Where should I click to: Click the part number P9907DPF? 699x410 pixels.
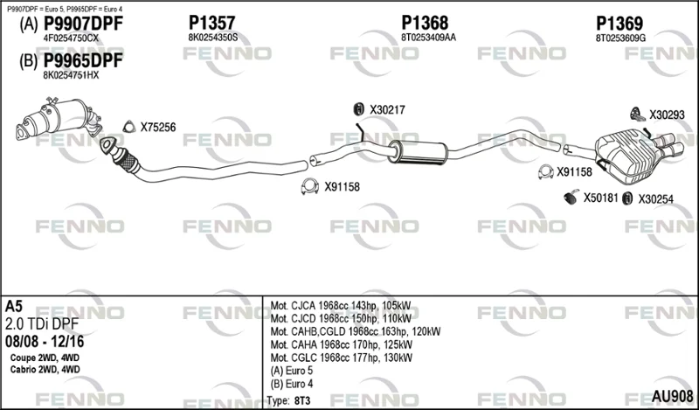pyautogui.click(x=83, y=24)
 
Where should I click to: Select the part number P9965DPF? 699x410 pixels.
pyautogui.click(x=83, y=61)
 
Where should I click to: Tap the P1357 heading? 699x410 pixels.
pyautogui.click(x=211, y=23)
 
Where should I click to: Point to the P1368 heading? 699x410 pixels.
pyautogui.click(x=425, y=23)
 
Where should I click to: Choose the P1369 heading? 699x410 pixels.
pyautogui.click(x=619, y=24)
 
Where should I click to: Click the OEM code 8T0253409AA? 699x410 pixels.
pyautogui.click(x=428, y=38)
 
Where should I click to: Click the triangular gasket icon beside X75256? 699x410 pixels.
pyautogui.click(x=128, y=127)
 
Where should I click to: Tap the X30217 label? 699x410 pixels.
pyautogui.click(x=387, y=110)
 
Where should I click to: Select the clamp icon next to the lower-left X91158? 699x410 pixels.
pyautogui.click(x=310, y=186)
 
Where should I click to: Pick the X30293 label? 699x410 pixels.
pyautogui.click(x=667, y=115)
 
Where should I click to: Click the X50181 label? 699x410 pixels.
pyautogui.click(x=601, y=198)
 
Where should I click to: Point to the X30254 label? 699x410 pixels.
pyautogui.click(x=656, y=199)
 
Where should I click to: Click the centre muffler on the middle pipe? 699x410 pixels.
pyautogui.click(x=418, y=152)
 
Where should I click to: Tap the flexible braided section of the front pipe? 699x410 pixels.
pyautogui.click(x=127, y=158)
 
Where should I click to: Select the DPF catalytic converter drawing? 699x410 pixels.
pyautogui.click(x=59, y=118)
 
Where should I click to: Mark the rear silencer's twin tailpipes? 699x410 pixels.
pyautogui.click(x=668, y=144)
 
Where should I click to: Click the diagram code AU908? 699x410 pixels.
pyautogui.click(x=672, y=396)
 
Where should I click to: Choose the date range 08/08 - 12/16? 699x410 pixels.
pyautogui.click(x=45, y=342)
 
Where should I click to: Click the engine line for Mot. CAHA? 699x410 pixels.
pyautogui.click(x=342, y=344)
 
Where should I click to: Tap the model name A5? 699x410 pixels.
pyautogui.click(x=14, y=306)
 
